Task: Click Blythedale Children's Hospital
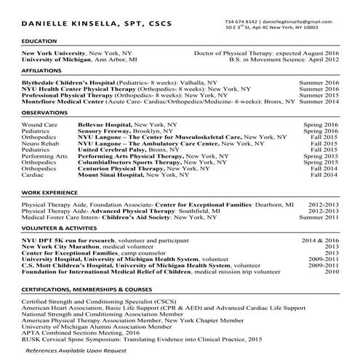(x=68, y=84)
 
